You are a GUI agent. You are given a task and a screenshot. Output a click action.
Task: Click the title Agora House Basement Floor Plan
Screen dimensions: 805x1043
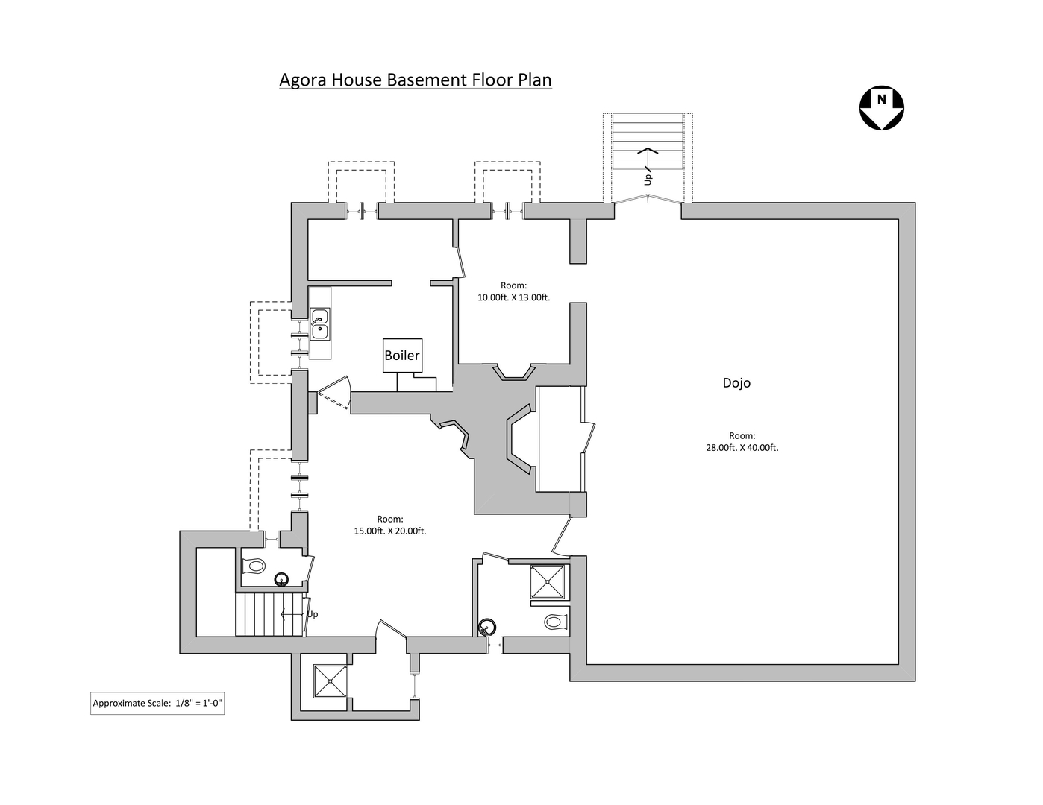click(415, 80)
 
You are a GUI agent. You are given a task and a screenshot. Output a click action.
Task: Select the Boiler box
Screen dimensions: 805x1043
click(402, 356)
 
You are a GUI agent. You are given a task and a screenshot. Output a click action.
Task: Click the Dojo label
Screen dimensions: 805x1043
click(736, 383)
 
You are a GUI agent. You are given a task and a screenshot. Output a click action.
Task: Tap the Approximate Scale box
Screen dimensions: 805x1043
click(157, 703)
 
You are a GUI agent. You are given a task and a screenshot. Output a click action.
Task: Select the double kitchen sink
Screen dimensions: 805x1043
click(319, 324)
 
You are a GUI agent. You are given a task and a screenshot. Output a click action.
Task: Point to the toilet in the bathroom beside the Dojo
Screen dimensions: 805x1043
click(555, 621)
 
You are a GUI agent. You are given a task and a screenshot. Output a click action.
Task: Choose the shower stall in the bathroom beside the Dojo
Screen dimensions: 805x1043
click(548, 581)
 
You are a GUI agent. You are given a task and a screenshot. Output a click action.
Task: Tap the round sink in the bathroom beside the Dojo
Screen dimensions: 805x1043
click(488, 626)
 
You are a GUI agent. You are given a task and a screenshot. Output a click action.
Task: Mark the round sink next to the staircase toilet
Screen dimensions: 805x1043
click(282, 578)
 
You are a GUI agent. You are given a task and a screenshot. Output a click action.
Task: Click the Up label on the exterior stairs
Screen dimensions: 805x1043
click(648, 179)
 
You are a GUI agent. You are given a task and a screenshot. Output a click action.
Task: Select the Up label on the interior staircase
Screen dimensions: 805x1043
click(312, 614)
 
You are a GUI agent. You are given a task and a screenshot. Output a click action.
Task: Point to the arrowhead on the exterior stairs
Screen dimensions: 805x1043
click(648, 151)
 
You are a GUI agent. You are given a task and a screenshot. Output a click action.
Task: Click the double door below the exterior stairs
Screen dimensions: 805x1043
click(648, 199)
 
